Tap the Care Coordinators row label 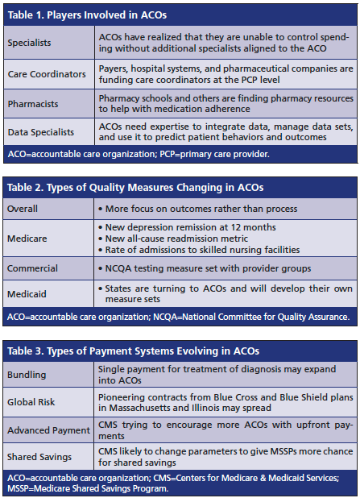(46, 74)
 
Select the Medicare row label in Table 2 (27, 239)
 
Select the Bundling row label (27, 375)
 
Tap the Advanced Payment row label (48, 430)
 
